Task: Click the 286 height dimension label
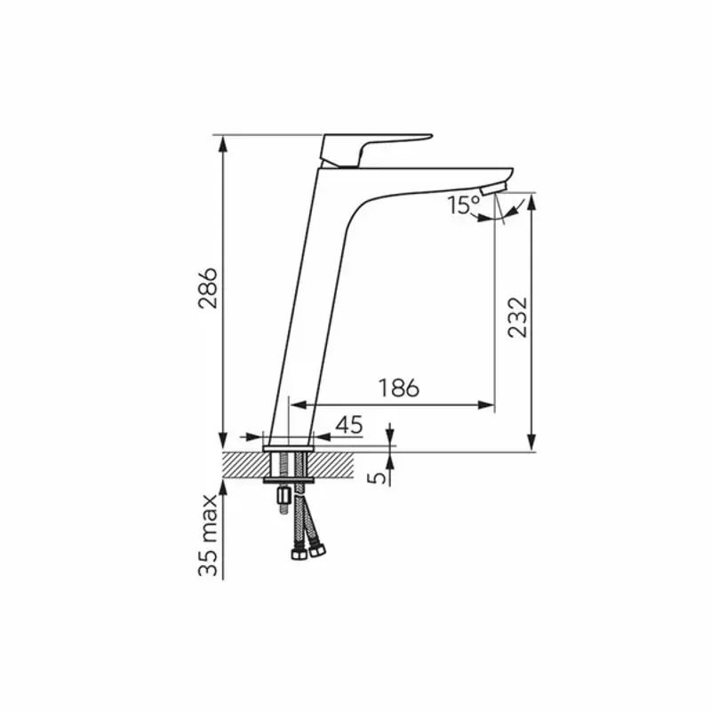pos(208,288)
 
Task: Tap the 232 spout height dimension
pos(517,317)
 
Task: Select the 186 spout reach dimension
pos(398,388)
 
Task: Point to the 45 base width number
pos(349,425)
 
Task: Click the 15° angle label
pos(463,204)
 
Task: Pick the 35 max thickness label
pos(208,536)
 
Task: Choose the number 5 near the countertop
pos(376,477)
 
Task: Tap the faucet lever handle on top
pos(375,150)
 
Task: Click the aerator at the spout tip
pos(493,188)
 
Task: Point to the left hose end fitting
pos(299,555)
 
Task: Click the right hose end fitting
pos(316,550)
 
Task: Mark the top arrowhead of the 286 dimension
pos(222,144)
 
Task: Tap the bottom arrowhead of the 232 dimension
pos(531,442)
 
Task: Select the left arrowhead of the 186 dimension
pos(299,405)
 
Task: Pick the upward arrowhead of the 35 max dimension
pos(222,488)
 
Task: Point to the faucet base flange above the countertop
pos(288,449)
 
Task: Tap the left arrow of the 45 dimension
pos(253,437)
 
